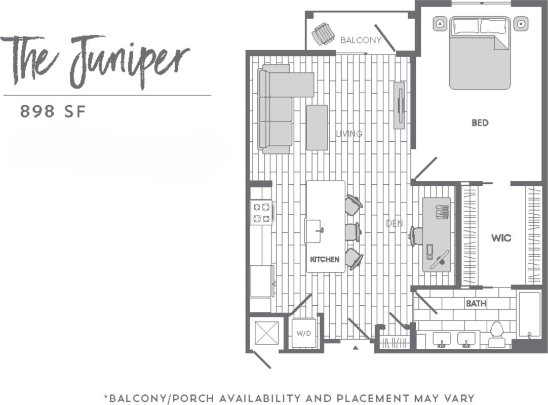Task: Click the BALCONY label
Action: (x=361, y=40)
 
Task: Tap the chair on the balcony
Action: (x=323, y=33)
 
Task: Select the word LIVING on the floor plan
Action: (x=349, y=134)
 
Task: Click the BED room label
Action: (x=480, y=123)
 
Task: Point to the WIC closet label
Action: (x=501, y=237)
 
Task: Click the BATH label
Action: (x=476, y=304)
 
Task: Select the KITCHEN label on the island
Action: (x=325, y=259)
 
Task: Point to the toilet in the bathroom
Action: (x=497, y=335)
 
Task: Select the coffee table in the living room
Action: (x=317, y=127)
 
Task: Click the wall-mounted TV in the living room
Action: (x=400, y=105)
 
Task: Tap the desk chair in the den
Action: (x=416, y=236)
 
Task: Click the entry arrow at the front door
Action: (x=356, y=348)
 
